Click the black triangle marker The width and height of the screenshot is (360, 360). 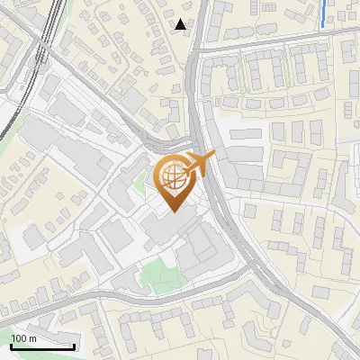coord(182,24)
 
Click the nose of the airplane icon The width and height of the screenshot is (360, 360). coord(212,157)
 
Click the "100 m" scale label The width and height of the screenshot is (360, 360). coord(23,338)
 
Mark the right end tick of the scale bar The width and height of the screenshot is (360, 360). coord(74,345)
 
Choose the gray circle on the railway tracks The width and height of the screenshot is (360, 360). coord(40,55)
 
